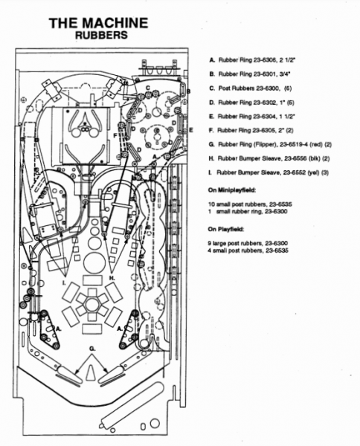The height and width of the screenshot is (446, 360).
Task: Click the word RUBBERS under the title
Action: point(101,35)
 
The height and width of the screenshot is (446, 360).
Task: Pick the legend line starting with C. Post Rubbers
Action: point(251,88)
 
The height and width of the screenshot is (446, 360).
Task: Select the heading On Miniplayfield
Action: point(231,190)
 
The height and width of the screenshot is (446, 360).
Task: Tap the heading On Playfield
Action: point(225,229)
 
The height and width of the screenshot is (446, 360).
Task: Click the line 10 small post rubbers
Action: point(250,204)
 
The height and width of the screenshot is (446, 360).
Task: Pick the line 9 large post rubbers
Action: point(248,243)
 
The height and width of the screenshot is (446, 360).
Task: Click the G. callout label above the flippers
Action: point(92,349)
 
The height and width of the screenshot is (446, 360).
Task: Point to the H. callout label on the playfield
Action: point(112,277)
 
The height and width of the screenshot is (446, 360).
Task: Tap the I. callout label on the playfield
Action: point(64,282)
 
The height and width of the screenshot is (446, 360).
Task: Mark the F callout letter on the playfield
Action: point(115,136)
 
